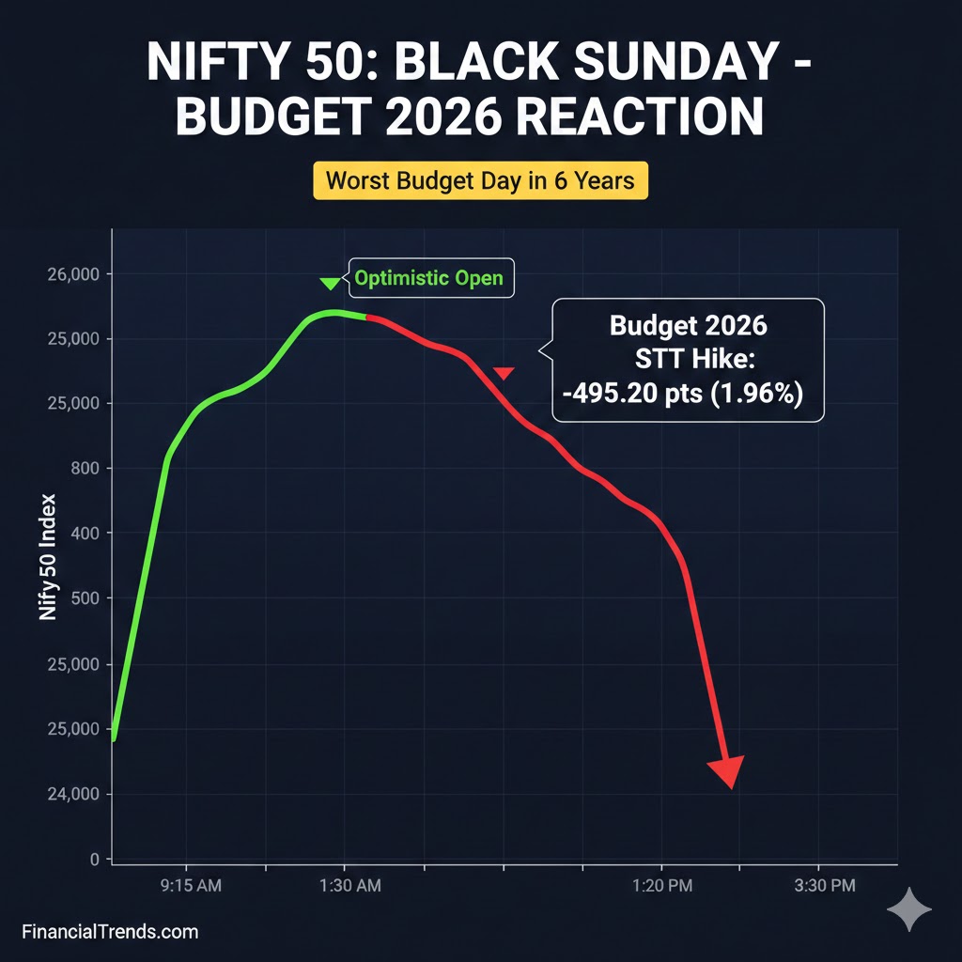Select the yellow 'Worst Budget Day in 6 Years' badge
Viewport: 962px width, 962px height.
click(480, 179)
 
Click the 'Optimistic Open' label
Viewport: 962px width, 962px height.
click(428, 278)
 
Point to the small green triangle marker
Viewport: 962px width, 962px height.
click(329, 283)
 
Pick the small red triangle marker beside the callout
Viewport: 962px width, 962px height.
click(504, 374)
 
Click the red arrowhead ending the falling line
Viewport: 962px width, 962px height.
click(726, 771)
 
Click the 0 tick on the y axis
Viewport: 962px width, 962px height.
click(95, 859)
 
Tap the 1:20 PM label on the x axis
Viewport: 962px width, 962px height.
click(662, 886)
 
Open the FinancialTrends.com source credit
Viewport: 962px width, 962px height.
click(110, 932)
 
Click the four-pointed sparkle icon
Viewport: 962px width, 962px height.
click(909, 910)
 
